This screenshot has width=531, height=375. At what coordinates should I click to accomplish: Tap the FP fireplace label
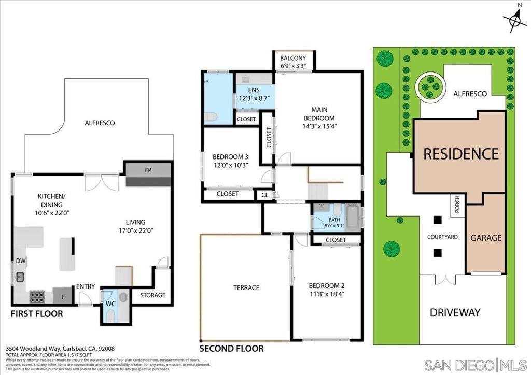(x=148, y=169)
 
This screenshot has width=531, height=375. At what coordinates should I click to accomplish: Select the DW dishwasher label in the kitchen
(x=21, y=261)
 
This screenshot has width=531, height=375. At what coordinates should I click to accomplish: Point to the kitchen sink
(x=20, y=277)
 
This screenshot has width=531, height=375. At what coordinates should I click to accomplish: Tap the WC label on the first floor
(x=110, y=304)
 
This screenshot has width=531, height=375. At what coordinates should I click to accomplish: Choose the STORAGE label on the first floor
(x=152, y=295)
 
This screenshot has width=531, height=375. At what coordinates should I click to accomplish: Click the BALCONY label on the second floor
(x=293, y=58)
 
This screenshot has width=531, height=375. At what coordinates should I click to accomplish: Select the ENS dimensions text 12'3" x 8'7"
(x=254, y=98)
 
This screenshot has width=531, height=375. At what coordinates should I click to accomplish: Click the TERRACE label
(x=246, y=287)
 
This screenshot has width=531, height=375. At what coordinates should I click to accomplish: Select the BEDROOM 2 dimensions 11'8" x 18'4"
(x=327, y=294)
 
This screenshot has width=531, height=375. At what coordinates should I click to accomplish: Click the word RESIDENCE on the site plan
(x=460, y=154)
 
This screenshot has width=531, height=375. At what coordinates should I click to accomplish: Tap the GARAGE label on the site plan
(x=486, y=238)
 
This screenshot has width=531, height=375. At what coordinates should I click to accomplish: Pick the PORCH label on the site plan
(x=457, y=205)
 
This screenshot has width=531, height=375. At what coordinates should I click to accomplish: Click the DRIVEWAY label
(x=455, y=312)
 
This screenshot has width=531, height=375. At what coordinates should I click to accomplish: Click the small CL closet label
(x=264, y=195)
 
